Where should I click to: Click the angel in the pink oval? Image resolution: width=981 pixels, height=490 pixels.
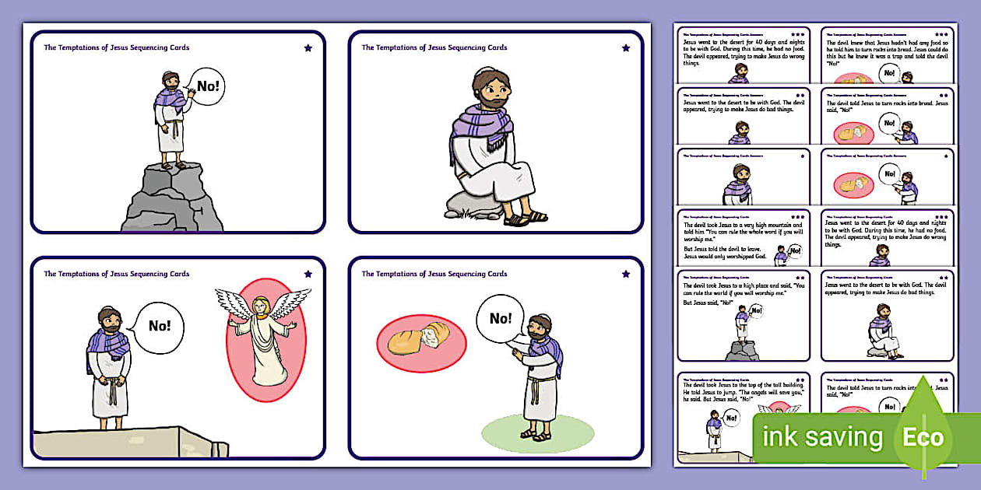click(264, 338)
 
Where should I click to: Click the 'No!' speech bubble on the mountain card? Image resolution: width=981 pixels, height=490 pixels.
click(207, 86)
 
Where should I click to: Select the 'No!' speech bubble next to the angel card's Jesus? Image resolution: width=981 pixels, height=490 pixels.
click(159, 326)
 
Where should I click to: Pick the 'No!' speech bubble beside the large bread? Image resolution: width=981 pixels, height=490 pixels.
click(501, 318)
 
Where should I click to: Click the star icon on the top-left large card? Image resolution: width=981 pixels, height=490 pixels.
click(308, 48)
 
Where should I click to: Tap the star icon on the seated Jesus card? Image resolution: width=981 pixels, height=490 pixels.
click(626, 48)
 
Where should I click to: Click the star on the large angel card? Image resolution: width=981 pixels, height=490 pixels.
click(308, 275)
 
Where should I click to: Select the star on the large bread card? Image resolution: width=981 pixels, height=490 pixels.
click(626, 275)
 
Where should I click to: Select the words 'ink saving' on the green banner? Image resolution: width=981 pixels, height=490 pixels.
click(822, 438)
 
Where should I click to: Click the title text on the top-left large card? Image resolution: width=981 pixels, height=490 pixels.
click(116, 48)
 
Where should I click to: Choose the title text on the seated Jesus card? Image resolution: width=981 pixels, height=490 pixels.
click(434, 48)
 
